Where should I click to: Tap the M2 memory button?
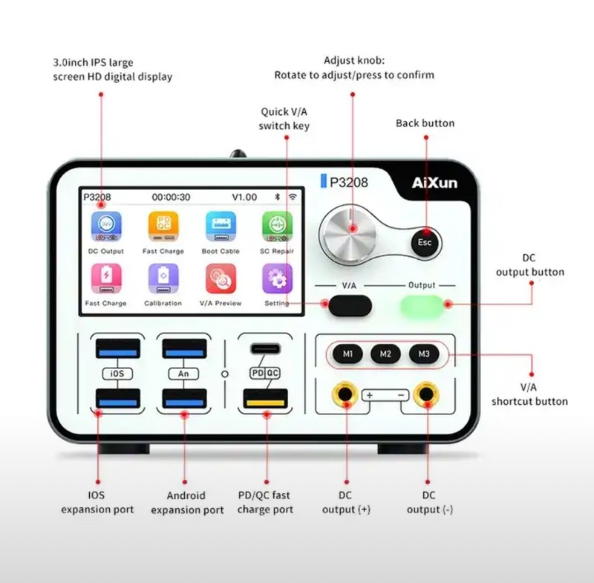tap(385, 354)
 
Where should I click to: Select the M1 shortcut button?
tap(347, 354)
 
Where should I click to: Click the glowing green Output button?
tap(422, 306)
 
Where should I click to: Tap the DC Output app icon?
tap(106, 227)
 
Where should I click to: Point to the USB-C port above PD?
tap(266, 348)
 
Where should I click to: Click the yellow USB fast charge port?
tap(265, 400)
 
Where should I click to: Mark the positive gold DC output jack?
tap(345, 394)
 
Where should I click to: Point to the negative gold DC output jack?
tap(426, 394)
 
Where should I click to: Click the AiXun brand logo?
tap(434, 183)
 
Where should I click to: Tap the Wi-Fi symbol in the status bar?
tap(293, 197)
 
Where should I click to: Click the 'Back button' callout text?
tap(425, 123)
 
